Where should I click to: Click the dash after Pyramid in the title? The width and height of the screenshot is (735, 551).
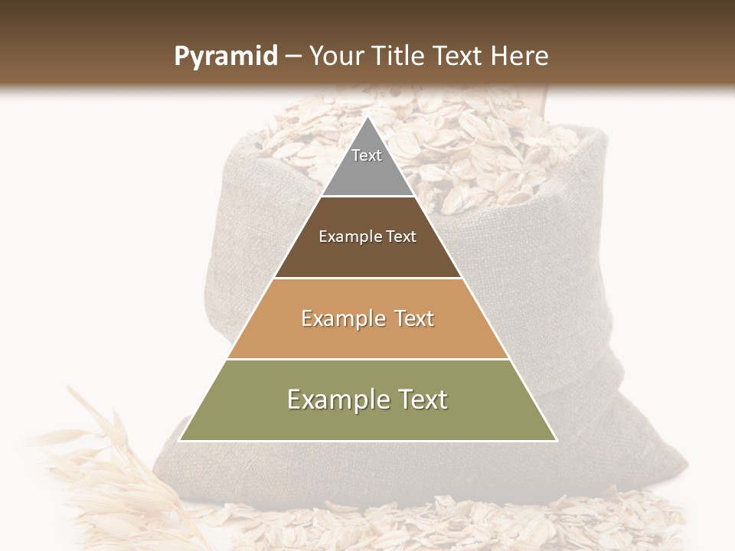(x=292, y=57)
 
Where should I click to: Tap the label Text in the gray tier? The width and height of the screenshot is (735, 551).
(x=367, y=155)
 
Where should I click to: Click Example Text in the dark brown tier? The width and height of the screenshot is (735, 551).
(x=367, y=236)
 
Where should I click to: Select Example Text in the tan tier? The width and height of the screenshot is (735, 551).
(x=367, y=318)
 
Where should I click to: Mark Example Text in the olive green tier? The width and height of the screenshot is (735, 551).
(x=367, y=399)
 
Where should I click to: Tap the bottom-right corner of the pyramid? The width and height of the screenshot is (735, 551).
(x=556, y=440)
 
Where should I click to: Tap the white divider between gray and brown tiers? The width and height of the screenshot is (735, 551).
(x=367, y=197)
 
